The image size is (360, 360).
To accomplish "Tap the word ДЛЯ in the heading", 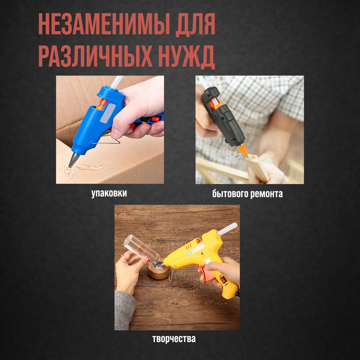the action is [195, 24].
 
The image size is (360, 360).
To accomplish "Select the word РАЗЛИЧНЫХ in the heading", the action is [95, 56].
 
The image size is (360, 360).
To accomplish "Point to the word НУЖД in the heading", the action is [187, 57].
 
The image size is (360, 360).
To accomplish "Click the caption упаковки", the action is [109, 193].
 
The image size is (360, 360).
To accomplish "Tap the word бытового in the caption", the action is [230, 194].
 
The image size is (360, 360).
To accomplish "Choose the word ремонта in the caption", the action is [266, 194].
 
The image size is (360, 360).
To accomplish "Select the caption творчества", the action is [174, 339].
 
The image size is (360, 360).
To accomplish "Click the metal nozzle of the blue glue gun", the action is [74, 159].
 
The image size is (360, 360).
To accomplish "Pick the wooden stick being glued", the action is [257, 168].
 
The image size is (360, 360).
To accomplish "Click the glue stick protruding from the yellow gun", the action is [227, 229].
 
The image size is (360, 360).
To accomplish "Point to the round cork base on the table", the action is [158, 271].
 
